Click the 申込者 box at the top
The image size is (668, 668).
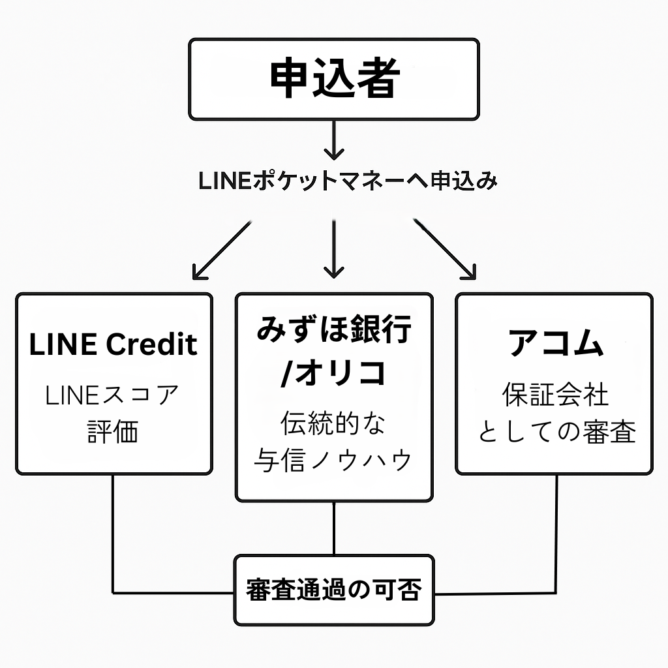(334, 79)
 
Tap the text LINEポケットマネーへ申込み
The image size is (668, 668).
(348, 181)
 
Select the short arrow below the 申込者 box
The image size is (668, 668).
(334, 140)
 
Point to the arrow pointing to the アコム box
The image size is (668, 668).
(445, 249)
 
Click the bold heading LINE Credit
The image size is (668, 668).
(114, 344)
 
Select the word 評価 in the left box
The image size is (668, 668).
(114, 432)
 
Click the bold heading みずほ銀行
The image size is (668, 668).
(334, 330)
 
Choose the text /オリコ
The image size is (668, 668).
(334, 373)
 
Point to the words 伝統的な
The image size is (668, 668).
(334, 424)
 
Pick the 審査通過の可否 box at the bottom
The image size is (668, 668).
(334, 590)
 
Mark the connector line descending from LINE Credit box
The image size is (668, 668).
(114, 535)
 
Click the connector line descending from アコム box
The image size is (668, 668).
(556, 535)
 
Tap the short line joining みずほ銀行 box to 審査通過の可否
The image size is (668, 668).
(334, 528)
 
